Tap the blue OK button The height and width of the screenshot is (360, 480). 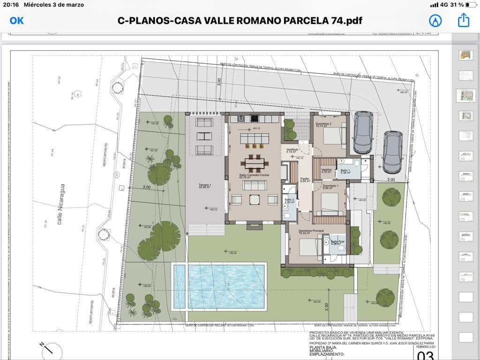tap(16, 21)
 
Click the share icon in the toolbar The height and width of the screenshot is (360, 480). tap(463, 20)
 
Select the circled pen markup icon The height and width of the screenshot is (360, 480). tap(435, 21)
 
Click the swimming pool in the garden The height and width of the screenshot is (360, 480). tap(219, 286)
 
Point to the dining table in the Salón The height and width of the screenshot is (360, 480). tap(255, 163)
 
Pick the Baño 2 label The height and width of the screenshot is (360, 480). tap(289, 201)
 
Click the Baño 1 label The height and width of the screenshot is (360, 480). tap(345, 171)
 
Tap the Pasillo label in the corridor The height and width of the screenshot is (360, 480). tap(305, 180)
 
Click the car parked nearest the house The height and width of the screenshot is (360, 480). tap(363, 132)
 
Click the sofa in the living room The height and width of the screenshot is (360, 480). tap(255, 185)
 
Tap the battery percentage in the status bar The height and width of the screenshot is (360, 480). tap(457, 5)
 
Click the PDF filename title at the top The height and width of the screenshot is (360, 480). tap(240, 21)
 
